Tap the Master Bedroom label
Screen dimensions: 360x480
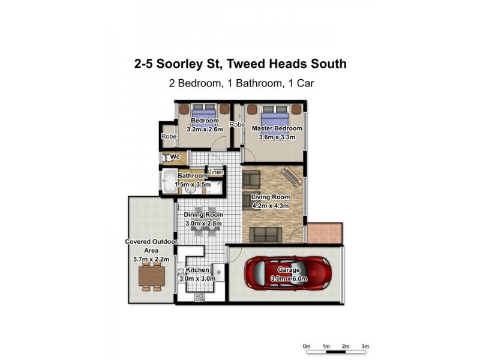[277, 128]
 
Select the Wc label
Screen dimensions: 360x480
[176, 157]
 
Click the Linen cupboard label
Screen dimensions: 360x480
[216, 172]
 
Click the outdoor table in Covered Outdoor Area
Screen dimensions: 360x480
[150, 277]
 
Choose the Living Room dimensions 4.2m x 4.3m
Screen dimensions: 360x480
[270, 206]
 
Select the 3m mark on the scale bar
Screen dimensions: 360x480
[365, 346]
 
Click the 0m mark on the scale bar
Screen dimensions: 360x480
[307, 346]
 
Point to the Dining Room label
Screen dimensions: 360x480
[203, 215]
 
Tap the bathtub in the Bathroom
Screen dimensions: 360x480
[169, 182]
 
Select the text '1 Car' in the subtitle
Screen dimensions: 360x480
[299, 84]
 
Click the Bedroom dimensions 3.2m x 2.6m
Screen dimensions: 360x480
[205, 129]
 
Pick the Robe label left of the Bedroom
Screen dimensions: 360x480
[168, 137]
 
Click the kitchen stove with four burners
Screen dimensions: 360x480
[200, 296]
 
